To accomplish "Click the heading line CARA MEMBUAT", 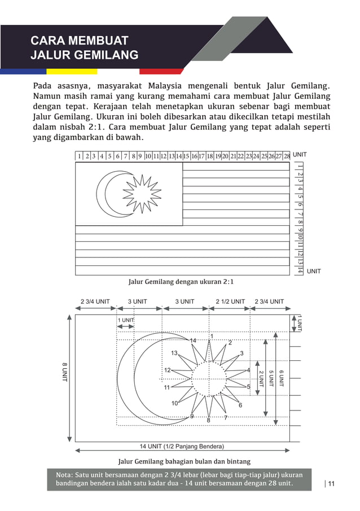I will (79, 41).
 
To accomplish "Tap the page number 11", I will (331, 483).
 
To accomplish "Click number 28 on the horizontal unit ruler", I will (286, 156).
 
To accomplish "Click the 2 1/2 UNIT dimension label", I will (230, 302).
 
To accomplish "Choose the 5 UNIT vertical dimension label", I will (271, 378).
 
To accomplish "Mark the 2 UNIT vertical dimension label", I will (261, 378).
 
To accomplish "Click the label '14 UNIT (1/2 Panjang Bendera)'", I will (182, 446).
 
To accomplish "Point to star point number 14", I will (192, 340).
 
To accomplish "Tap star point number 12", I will (167, 370).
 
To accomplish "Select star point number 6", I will (240, 405).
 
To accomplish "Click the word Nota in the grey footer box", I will (64, 475).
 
